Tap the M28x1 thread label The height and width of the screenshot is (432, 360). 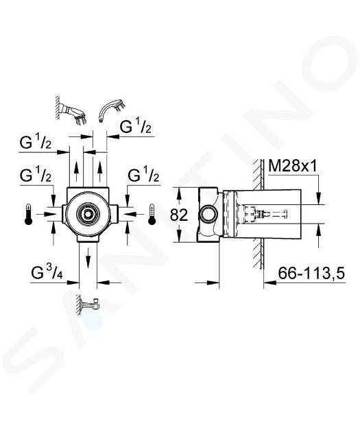point(293,166)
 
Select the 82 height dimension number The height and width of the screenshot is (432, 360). point(179,215)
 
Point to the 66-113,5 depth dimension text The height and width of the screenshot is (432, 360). point(311,274)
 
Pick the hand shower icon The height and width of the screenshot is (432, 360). point(112,110)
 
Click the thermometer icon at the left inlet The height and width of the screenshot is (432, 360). point(29,215)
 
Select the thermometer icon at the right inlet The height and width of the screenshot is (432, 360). point(152,215)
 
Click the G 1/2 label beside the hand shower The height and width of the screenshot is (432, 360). point(136,128)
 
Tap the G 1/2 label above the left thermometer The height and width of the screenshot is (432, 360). point(36,176)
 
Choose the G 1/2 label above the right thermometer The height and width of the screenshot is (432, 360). point(144,176)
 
